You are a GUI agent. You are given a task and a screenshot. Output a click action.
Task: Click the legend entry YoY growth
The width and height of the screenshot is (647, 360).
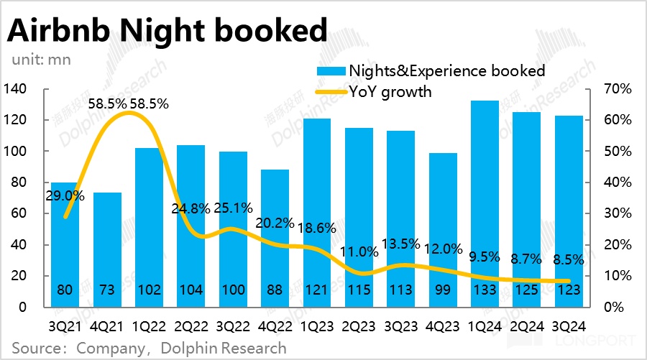coord(390,91)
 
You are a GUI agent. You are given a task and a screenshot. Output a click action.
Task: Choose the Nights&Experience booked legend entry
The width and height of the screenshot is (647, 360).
coord(446,70)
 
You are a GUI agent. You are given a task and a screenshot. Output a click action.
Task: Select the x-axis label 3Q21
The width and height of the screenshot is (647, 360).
coord(65,324)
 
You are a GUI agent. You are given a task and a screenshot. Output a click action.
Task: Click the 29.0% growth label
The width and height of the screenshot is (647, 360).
coord(66,195)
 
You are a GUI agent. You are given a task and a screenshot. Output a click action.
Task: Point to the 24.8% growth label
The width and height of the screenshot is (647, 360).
coord(191,209)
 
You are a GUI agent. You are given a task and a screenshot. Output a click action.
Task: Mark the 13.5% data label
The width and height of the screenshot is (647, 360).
coord(400,244)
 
